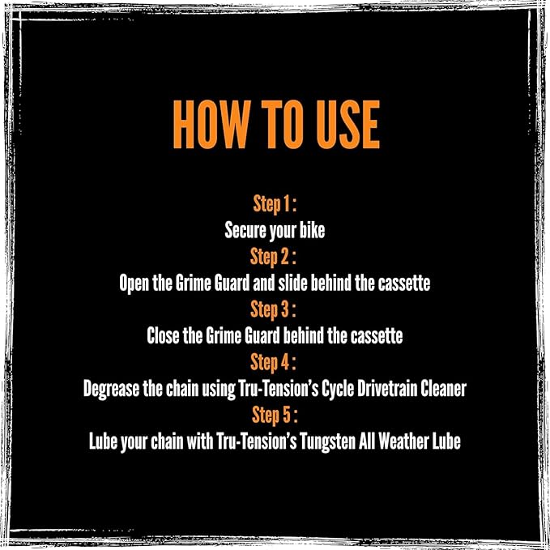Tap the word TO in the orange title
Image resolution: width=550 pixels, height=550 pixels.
point(282,125)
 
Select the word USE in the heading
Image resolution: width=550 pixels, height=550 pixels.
point(348,125)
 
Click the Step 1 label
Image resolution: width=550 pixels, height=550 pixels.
point(275,204)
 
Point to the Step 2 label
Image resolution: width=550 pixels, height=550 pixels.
point(273,257)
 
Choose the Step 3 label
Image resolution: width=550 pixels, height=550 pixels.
point(273,309)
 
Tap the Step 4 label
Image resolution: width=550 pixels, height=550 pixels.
point(273,362)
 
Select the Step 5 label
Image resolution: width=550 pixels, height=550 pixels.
point(275,416)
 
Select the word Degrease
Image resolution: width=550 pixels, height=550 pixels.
point(111,389)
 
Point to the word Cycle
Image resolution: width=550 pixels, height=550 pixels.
point(338,389)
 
